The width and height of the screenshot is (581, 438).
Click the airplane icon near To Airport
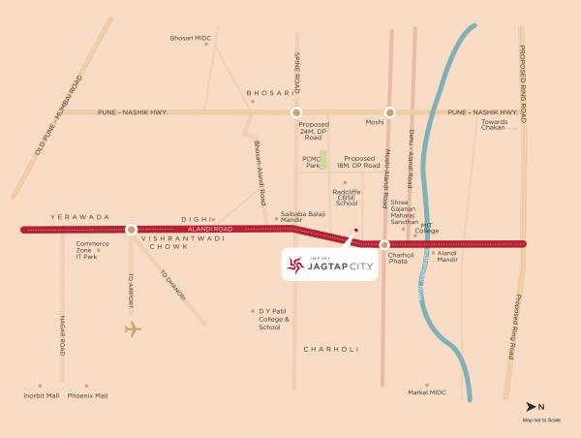tap(133, 328)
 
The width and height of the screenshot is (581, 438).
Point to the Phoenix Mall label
tap(89, 395)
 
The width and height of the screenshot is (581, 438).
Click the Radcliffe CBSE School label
tap(346, 196)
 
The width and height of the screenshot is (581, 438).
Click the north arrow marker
tap(530, 405)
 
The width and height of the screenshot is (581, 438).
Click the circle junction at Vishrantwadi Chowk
tap(131, 230)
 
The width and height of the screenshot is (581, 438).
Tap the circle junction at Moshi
tap(391, 112)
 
